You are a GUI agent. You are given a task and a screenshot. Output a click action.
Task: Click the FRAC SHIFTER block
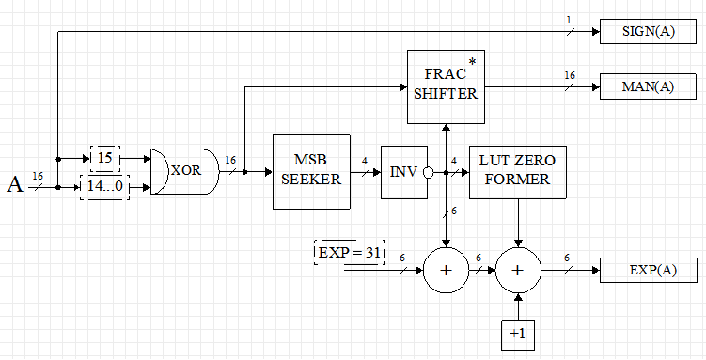tap(445, 86)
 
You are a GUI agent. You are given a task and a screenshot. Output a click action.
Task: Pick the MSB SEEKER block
tap(310, 172)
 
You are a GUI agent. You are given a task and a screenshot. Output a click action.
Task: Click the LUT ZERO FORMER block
tap(517, 172)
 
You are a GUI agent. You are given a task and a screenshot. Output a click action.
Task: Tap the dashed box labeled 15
tap(104, 159)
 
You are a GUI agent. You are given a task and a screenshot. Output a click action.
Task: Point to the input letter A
tap(15, 185)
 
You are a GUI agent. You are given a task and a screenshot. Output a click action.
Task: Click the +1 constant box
tap(517, 333)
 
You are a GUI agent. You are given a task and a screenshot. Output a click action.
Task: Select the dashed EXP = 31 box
tap(350, 253)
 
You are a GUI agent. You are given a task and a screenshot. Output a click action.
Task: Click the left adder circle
tap(446, 271)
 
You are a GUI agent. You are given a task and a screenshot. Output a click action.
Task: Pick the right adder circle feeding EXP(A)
tap(517, 271)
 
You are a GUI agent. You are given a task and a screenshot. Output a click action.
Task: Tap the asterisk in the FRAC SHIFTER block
tap(472, 62)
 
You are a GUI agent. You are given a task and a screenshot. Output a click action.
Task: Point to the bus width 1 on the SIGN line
tap(568, 20)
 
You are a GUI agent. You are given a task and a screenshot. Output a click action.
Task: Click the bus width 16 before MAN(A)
tap(570, 75)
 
